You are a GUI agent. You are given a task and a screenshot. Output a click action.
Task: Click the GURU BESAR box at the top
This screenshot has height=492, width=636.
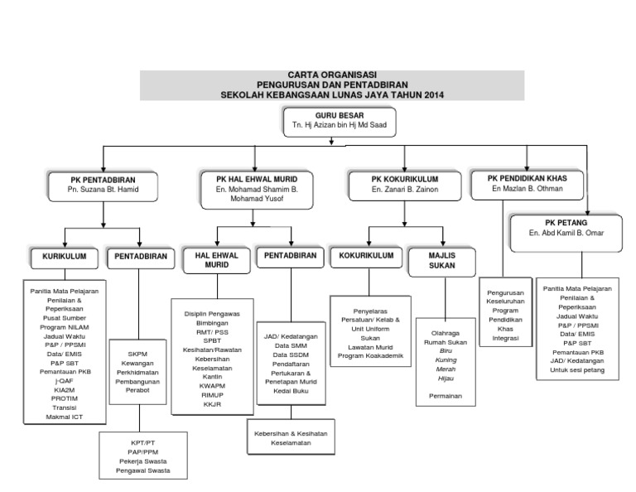[x=340, y=122]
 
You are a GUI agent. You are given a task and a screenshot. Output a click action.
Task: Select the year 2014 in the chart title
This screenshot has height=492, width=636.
[x=434, y=95]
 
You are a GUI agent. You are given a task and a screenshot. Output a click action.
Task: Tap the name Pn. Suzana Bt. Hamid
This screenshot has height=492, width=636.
[x=103, y=190]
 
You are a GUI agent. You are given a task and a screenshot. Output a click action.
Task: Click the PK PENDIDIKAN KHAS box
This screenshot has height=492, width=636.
[x=528, y=185]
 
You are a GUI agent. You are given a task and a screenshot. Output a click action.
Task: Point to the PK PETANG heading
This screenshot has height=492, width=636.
[x=566, y=223]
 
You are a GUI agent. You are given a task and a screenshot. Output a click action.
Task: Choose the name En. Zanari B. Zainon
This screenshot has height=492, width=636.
[x=405, y=190]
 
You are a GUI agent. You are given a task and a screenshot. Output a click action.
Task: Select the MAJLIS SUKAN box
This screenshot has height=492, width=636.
[x=442, y=262]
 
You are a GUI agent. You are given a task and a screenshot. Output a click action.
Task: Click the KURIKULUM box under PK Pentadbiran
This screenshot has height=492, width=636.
[x=65, y=258]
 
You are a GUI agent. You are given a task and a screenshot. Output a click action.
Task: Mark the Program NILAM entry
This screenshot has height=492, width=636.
[x=64, y=327]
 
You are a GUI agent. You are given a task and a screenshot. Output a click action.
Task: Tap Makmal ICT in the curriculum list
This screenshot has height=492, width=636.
[x=64, y=417]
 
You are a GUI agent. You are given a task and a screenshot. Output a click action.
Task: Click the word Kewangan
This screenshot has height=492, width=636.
[x=137, y=364]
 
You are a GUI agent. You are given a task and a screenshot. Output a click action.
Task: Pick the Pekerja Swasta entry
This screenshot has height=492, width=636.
[x=142, y=461]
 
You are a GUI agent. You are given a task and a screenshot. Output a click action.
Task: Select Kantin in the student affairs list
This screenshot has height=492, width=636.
[x=212, y=377]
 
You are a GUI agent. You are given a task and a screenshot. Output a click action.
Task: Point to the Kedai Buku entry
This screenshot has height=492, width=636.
[x=291, y=391]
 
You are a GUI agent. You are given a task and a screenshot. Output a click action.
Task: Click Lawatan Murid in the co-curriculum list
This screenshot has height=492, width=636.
[x=370, y=347]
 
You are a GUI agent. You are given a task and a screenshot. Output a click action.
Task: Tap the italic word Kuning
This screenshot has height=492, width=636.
[x=446, y=360]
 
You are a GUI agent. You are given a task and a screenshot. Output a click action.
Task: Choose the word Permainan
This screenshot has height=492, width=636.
[x=446, y=396]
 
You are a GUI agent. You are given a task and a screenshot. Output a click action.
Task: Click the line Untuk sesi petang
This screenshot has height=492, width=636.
[x=577, y=370]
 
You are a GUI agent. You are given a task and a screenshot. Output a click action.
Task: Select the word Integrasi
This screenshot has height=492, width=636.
[x=505, y=338]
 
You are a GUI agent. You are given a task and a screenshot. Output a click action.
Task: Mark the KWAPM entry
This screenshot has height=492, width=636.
[x=212, y=386]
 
